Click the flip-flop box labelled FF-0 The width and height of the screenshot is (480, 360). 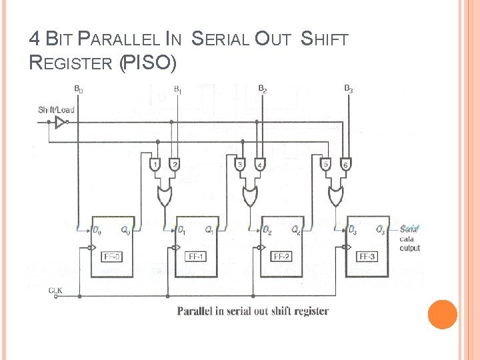pos(111,243)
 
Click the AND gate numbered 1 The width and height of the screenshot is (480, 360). pos(155,165)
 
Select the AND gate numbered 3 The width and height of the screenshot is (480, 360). pos(241,165)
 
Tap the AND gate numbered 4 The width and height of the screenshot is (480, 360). pos(259,165)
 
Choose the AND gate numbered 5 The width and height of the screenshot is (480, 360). pos(327,165)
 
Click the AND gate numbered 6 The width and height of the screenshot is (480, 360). pos(345,165)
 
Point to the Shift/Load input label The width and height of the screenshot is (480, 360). pos(56,109)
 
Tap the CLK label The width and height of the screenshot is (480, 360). pos(56,290)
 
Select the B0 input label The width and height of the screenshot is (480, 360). pos(79,89)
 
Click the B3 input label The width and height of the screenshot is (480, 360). pos(348,89)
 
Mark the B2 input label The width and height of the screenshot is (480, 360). pos(263,89)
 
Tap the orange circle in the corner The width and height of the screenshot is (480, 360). pos(442,315)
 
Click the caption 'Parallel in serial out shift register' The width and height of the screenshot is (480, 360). pos(253,311)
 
